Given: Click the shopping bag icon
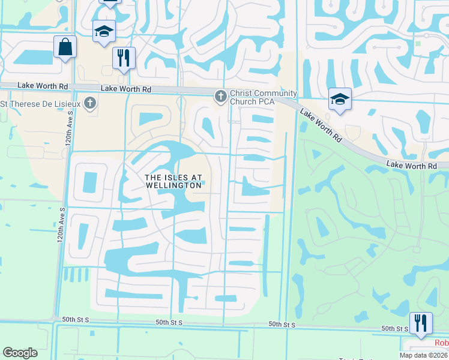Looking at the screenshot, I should tap(65, 46).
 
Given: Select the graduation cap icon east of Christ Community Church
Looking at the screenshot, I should tap(339, 100).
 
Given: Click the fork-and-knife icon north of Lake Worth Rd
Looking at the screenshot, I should tap(124, 58).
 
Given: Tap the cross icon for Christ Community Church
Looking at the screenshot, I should tap(220, 95).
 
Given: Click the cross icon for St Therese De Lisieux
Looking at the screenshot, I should tap(90, 103).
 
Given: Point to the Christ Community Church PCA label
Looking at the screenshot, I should tap(263, 97).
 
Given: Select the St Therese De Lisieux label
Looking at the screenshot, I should tap(41, 103).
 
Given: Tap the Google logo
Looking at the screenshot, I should tap(20, 353).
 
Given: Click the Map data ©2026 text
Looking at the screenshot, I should tap(422, 355).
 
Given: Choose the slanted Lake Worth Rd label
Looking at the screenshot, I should tap(321, 125).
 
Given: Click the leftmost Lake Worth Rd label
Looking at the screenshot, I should tap(43, 86).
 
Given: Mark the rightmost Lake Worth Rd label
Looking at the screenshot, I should tap(411, 165).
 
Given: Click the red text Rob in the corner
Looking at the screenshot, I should tap(441, 343).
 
